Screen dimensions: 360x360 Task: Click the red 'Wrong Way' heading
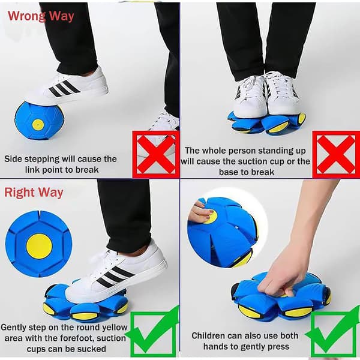pos(41,16)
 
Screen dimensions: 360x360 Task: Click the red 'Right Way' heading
pos(34,193)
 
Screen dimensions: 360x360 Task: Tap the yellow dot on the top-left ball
pos(38,124)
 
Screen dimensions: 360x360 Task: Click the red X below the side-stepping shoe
pos(156,154)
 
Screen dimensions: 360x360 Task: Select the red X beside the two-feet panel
pos(336,154)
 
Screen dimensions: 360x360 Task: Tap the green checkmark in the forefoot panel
pos(152,332)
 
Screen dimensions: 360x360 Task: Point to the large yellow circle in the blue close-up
pos(39,247)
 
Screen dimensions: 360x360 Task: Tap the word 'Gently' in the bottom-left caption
pos(14,328)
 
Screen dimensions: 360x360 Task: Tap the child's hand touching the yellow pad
pos(199,212)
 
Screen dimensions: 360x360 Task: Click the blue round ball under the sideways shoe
pos(38,121)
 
